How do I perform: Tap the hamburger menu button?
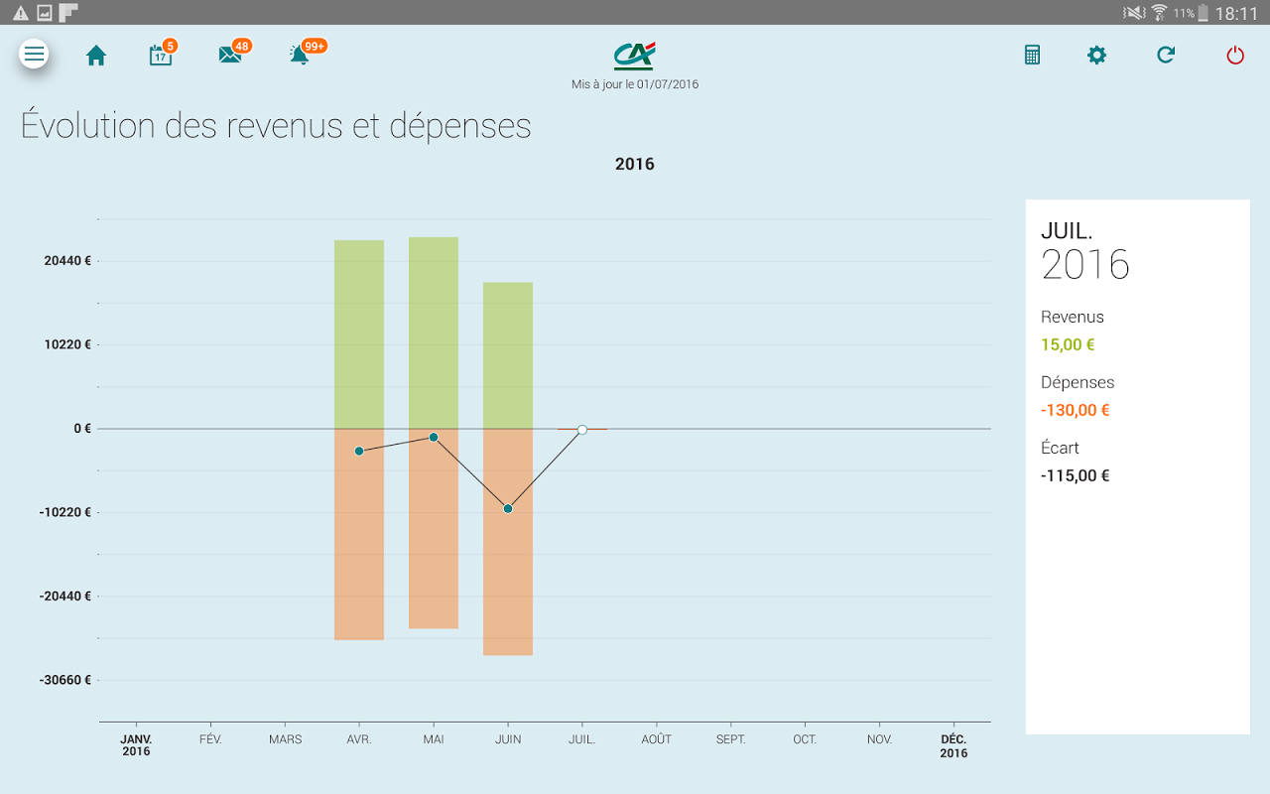pos(34,54)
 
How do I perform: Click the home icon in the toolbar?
pos(96,56)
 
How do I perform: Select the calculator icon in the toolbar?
pos(1032,55)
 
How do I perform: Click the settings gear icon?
pos(1096,55)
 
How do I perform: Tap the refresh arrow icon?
pos(1166,55)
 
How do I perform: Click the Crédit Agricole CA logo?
pos(634,56)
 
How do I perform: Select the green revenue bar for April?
pos(359,334)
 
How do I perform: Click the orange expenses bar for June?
pos(508,542)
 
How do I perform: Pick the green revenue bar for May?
pos(434,332)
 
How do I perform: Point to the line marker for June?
pos(508,509)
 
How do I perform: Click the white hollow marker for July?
pos(582,430)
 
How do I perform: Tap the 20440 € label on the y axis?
pos(67,261)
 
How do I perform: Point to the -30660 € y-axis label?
pos(65,680)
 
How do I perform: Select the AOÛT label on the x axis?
pos(657,739)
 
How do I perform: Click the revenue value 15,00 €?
pos(1068,344)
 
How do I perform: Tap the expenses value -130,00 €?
pos(1075,410)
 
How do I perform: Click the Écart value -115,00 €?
pos(1075,475)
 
